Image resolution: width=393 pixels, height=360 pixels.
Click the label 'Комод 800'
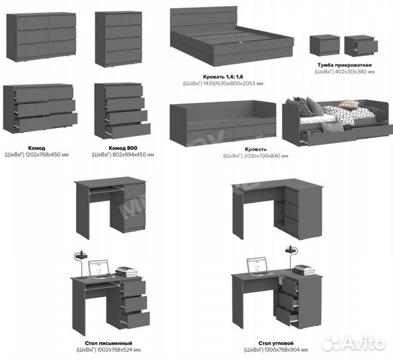[123, 148]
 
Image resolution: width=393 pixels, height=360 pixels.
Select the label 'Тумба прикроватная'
[344, 65]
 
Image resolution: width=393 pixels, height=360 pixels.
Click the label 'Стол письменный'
[109, 343]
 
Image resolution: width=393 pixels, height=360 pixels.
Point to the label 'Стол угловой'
[276, 343]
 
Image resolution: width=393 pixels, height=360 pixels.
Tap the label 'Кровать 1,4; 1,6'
[223, 77]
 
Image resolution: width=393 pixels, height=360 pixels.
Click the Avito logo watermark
[354, 343]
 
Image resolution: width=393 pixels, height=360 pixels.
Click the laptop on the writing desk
[100, 270]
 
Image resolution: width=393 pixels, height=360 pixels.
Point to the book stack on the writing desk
[127, 271]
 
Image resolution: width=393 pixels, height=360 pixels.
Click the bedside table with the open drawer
[361, 45]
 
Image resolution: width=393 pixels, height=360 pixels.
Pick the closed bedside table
[325, 45]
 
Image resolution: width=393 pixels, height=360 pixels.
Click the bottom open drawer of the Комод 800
[128, 131]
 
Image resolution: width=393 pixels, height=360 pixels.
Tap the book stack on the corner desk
[304, 270]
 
